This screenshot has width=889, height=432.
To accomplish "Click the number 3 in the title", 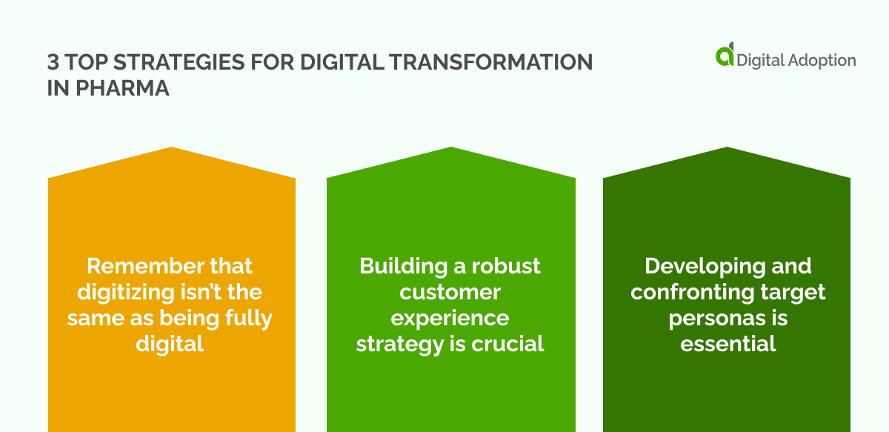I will pos(54,62).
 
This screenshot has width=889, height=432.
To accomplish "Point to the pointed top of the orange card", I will pos(171,149).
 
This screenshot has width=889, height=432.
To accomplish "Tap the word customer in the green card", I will pos(450,292).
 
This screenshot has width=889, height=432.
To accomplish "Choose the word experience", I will pos(450,318).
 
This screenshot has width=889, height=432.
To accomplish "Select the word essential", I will pos(728,344).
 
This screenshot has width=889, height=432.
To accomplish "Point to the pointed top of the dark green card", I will pos(727,149).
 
